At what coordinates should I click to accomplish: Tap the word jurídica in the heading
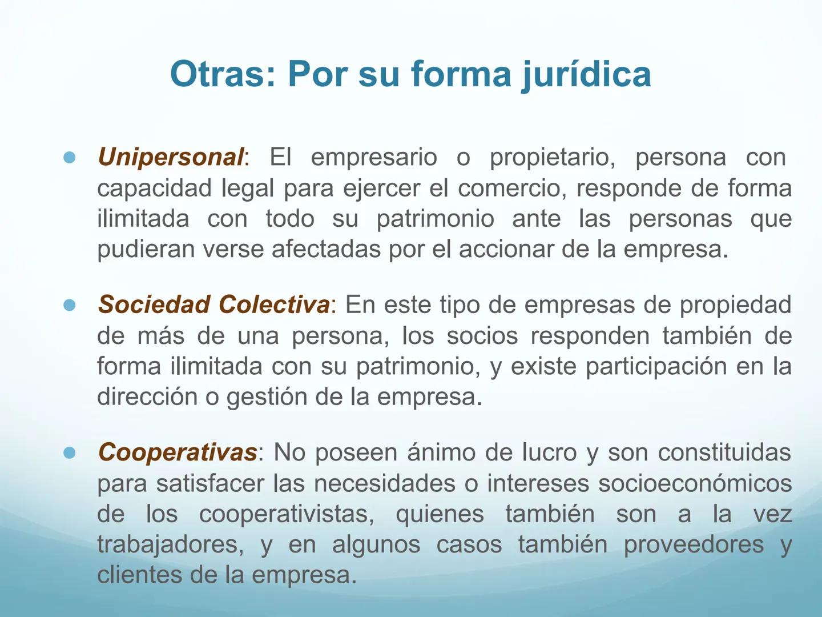coord(586,75)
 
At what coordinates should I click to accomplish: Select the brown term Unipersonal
coord(171,157)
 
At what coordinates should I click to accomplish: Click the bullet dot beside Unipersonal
coord(70,158)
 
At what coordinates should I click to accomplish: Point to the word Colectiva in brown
coord(274,305)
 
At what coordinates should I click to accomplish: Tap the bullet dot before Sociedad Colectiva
coord(70,305)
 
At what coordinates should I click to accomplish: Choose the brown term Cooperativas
coord(178,453)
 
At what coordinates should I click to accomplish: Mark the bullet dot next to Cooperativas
coord(70,453)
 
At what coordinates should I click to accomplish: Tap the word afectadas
coord(326,249)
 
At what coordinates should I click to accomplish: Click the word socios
coord(482,336)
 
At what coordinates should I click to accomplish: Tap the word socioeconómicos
coord(695,484)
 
